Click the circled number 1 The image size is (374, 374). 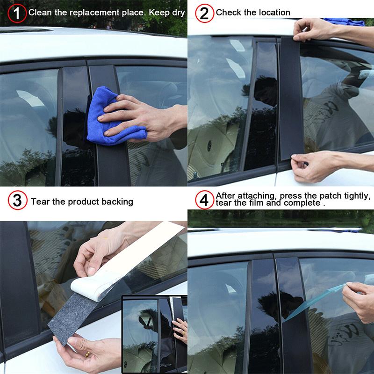click(17, 13)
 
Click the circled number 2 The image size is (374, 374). click(204, 13)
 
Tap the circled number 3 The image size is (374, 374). click(17, 201)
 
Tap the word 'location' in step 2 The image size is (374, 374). click(273, 13)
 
